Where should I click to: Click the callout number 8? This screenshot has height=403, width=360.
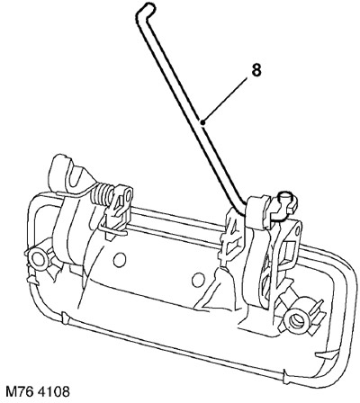tap(256, 70)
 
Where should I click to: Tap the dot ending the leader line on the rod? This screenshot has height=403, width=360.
tap(203, 121)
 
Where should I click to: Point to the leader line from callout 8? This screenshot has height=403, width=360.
tap(225, 100)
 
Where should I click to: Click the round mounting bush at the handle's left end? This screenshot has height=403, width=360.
tap(39, 260)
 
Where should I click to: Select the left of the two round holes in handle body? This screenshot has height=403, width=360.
tap(120, 260)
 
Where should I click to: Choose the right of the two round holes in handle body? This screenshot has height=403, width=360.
tap(198, 280)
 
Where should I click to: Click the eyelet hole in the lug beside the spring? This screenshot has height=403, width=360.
tap(129, 196)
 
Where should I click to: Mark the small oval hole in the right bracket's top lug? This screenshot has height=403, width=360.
tap(297, 230)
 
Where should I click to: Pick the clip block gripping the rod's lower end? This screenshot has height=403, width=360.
tap(258, 212)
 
